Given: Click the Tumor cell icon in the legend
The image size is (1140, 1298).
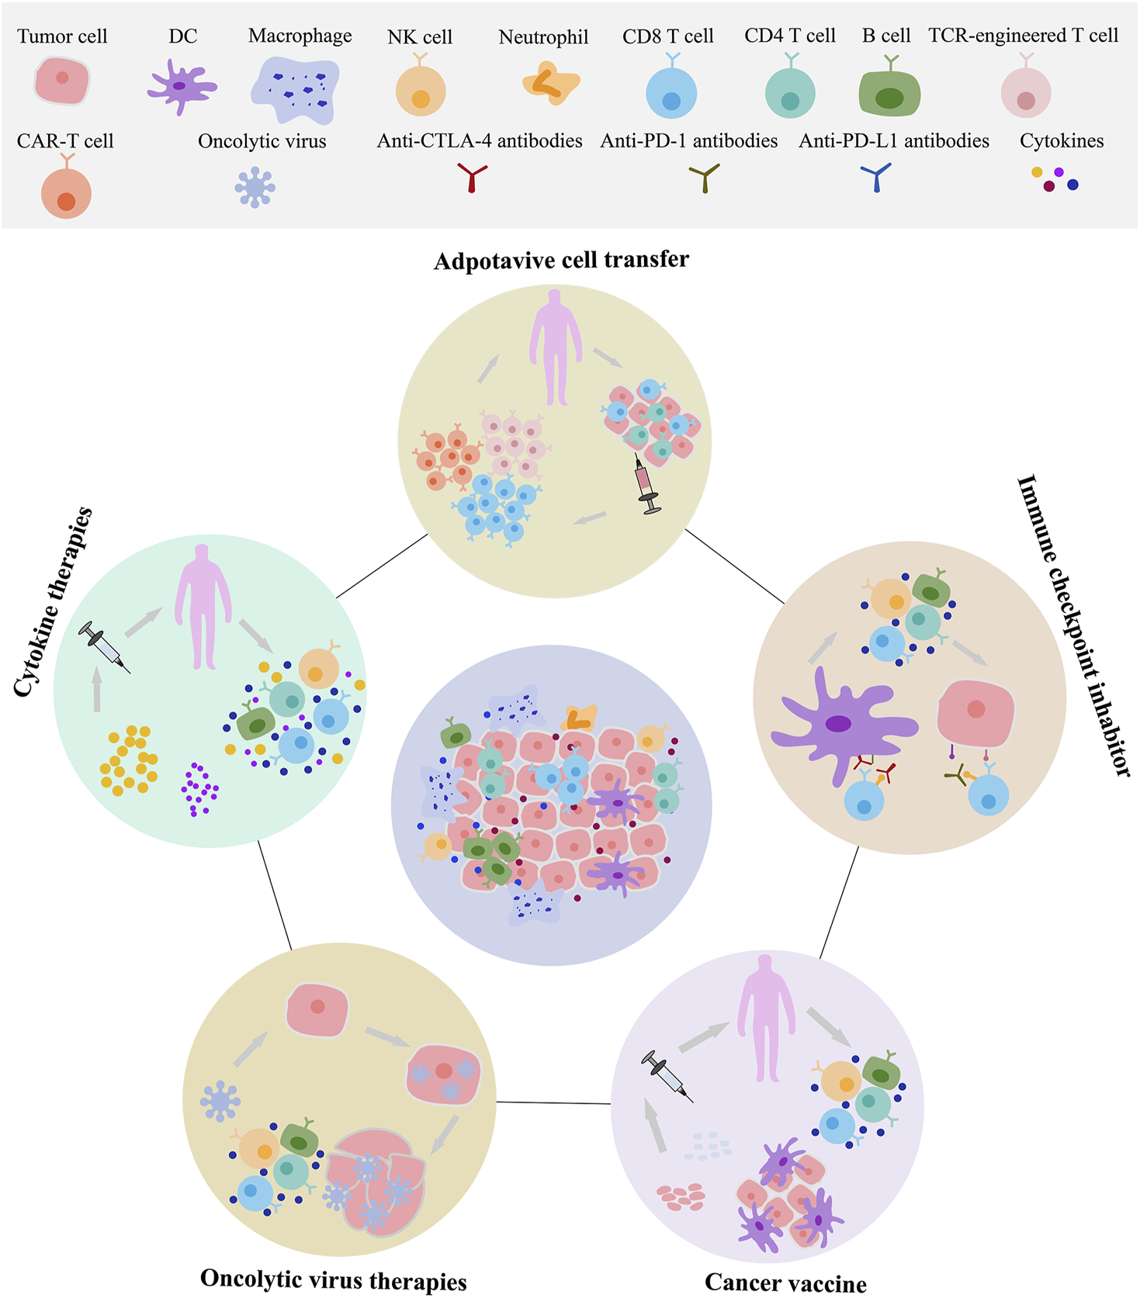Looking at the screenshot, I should point(62,81).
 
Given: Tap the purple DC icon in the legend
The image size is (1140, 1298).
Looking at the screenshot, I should point(181,86).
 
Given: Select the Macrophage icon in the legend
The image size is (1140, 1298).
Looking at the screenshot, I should point(296,90).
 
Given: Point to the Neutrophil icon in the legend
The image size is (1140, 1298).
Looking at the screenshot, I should point(550,85).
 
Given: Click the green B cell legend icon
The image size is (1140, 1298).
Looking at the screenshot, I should point(889,93).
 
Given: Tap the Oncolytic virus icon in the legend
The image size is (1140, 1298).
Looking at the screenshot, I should point(255,188).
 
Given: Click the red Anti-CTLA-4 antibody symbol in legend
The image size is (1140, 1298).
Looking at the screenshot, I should point(472,178).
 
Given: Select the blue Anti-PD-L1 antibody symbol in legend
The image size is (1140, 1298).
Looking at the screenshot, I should point(876,178).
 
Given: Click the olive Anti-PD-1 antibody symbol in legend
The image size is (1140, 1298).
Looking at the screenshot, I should point(705,178).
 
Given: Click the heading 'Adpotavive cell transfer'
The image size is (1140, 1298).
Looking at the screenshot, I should point(561,260).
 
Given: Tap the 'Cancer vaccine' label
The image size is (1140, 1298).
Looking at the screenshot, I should point(785,1283).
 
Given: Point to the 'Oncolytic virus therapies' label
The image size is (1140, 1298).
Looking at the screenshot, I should point(334,1279).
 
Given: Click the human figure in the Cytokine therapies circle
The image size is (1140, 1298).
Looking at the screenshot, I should point(203,605).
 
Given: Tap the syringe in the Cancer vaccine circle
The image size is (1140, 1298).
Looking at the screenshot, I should point(667,1075).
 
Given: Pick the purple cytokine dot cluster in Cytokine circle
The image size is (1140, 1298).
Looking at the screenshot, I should point(199,789).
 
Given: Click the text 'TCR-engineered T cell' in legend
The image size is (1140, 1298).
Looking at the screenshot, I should point(1023,36).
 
